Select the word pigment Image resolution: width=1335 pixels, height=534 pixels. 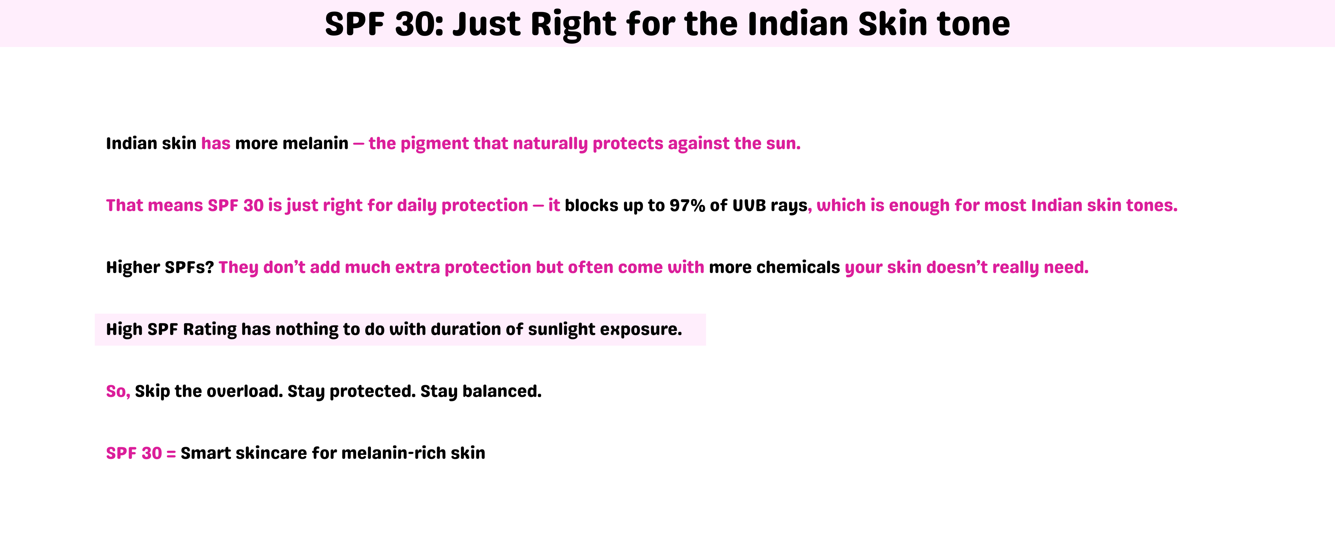(434, 143)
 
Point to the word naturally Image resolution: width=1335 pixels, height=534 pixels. (550, 143)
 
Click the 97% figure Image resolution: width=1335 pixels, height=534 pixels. (687, 205)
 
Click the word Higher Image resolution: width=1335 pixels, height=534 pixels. (133, 267)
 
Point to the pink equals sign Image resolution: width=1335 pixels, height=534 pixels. (171, 454)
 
